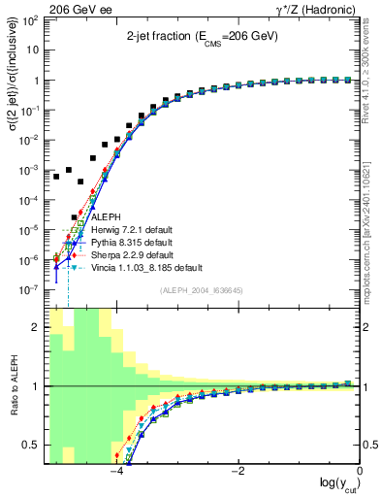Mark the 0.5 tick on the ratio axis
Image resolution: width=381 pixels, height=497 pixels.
[x=34, y=446]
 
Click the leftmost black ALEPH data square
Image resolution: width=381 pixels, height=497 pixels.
[x=56, y=177]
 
